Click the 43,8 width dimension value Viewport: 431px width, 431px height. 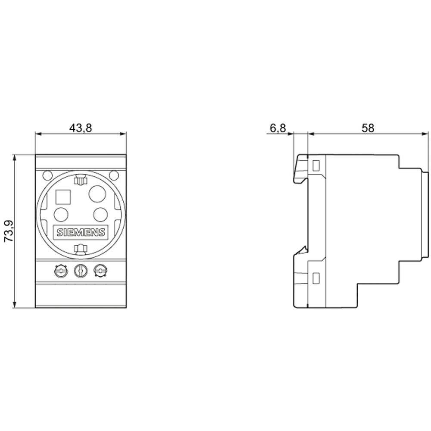80,128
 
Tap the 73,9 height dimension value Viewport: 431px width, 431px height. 9,231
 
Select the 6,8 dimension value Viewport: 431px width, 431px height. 278,128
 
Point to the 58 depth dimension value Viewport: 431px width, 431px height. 368,128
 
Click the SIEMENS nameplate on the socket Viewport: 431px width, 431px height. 81,232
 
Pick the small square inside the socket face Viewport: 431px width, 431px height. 63,197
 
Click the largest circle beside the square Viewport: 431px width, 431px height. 97,194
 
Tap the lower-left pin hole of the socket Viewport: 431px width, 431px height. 61,214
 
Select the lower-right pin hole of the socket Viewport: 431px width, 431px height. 100,214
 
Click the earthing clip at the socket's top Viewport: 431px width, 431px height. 81,180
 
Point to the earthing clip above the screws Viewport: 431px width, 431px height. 81,249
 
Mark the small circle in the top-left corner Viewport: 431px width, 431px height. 47,175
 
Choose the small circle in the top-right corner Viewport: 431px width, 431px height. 114,175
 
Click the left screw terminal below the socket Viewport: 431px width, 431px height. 60,271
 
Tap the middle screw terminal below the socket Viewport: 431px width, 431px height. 81,271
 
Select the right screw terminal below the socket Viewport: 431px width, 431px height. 100,271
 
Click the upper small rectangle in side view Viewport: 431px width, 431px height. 316,166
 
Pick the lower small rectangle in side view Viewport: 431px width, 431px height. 316,278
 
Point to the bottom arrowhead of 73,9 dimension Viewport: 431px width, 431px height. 15,305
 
